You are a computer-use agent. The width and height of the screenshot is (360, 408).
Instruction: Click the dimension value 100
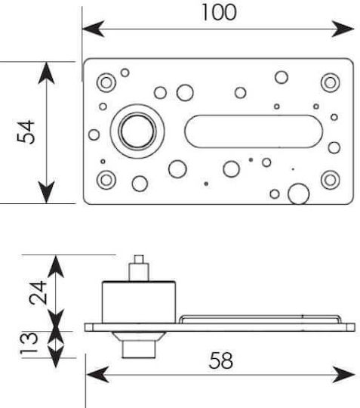[x=219, y=12]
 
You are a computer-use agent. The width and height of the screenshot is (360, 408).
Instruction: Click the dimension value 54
[x=26, y=132]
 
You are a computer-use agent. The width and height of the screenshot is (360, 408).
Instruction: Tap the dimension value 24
[x=38, y=292]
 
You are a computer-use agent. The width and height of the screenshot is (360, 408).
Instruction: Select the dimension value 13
[x=29, y=342]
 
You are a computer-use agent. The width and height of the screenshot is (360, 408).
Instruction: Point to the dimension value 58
[x=220, y=360]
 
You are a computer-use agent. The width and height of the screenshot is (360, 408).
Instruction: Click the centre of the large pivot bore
[x=137, y=131]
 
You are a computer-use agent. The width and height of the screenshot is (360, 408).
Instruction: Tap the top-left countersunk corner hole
[x=106, y=83]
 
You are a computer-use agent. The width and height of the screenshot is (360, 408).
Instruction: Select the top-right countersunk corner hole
[x=330, y=83]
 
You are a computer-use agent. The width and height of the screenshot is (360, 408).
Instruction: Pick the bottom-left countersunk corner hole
[x=106, y=180]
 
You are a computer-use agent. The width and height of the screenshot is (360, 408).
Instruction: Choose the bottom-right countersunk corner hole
[x=330, y=180]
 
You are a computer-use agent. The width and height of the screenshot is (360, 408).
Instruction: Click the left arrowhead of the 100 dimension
[x=93, y=29]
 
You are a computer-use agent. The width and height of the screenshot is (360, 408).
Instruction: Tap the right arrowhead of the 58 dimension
[x=343, y=375]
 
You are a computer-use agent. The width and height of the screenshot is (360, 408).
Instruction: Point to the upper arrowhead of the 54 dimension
[x=46, y=73]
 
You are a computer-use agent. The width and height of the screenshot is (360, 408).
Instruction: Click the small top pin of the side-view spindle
[x=139, y=259]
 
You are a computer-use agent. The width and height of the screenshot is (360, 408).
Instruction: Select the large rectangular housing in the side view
[x=139, y=302]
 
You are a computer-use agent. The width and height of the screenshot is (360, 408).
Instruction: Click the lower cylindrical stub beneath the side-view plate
[x=139, y=349]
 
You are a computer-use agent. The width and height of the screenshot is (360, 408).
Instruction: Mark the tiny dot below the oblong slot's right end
[x=293, y=169]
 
